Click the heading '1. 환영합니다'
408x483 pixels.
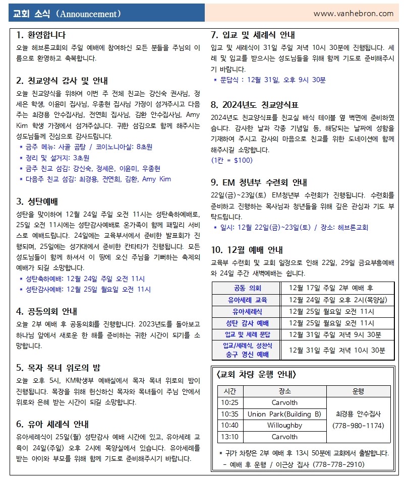(41, 35)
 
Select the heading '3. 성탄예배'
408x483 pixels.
(37, 201)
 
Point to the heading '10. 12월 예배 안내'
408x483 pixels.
(247, 250)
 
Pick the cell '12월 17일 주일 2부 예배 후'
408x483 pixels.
(331, 288)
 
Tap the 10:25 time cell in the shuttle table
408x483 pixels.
(230, 402)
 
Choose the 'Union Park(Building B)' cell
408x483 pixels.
(284, 414)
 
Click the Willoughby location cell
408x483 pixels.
(284, 425)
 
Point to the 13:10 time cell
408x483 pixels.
(230, 437)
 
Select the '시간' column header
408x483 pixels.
(230, 391)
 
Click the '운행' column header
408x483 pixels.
(358, 391)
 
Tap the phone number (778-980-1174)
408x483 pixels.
(358, 426)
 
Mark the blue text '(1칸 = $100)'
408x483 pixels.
(231, 160)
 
